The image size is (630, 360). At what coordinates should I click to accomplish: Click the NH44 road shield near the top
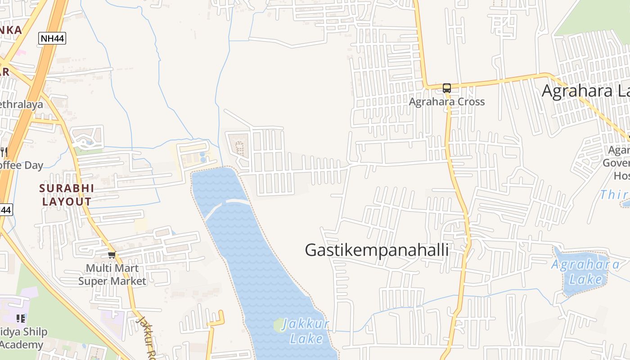pos(52,39)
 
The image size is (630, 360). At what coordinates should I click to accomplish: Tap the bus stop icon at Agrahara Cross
pos(446,88)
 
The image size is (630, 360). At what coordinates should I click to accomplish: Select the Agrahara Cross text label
pos(446,102)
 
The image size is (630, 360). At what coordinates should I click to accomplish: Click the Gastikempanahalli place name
pos(377,250)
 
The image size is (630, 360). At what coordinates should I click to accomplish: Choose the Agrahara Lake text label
pos(585,272)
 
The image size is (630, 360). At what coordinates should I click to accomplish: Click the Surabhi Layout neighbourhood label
pos(67,195)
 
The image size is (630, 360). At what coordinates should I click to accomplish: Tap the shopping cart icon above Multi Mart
pos(112,255)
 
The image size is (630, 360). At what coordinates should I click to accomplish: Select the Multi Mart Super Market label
pos(112,275)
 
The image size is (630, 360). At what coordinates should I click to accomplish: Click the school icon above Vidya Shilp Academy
pos(20,319)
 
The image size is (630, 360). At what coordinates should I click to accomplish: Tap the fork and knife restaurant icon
pos(4,152)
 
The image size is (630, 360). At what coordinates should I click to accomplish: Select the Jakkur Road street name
pos(147,337)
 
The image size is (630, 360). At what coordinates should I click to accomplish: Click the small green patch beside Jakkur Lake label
pos(279,324)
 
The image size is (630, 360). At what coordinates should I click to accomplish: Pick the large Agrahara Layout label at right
pos(585,91)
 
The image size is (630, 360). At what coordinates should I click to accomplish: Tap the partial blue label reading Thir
pos(614,195)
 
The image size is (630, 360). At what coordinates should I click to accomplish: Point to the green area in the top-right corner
pos(594,16)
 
